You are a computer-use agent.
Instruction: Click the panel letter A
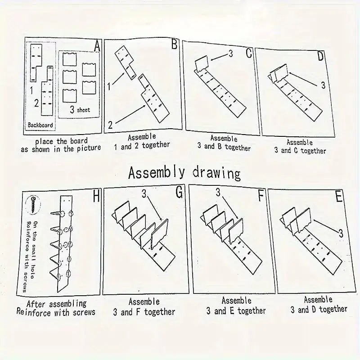(x=97, y=46)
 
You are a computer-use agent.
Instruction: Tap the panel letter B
(x=175, y=44)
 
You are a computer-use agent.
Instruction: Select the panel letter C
(x=249, y=53)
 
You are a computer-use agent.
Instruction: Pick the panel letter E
(x=339, y=197)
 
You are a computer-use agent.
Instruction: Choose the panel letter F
(x=261, y=195)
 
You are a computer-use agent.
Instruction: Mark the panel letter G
(x=179, y=192)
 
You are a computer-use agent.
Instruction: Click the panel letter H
(x=96, y=196)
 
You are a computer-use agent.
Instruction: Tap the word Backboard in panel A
(x=40, y=125)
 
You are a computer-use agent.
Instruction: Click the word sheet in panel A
(x=83, y=110)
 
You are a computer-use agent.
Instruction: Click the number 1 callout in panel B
(x=109, y=86)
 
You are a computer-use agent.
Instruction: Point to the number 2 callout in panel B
(x=110, y=126)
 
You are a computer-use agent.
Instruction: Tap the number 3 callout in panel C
(x=231, y=54)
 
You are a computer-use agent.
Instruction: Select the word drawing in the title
(x=216, y=174)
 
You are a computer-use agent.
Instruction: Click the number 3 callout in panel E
(x=341, y=234)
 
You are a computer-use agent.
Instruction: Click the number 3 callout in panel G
(x=144, y=194)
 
